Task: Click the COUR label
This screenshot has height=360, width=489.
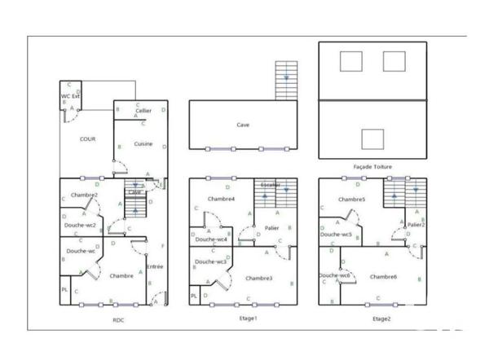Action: pyautogui.click(x=87, y=139)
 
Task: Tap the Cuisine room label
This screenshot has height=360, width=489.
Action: pyautogui.click(x=143, y=144)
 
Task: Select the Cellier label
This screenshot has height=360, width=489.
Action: pyautogui.click(x=143, y=111)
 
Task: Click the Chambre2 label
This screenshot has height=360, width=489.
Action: pyautogui.click(x=84, y=195)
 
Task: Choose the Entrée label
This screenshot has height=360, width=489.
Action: pyautogui.click(x=155, y=266)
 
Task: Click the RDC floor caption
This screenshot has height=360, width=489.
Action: pyautogui.click(x=119, y=320)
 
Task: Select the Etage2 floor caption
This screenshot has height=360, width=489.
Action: pyautogui.click(x=381, y=318)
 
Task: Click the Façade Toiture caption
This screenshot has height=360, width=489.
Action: pyautogui.click(x=372, y=167)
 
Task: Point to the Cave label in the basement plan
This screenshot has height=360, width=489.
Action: pyautogui.click(x=243, y=125)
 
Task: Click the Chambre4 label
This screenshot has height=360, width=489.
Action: pyautogui.click(x=221, y=200)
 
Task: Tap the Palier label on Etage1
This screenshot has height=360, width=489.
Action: pyautogui.click(x=272, y=228)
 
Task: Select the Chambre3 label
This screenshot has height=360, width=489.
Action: pyautogui.click(x=258, y=279)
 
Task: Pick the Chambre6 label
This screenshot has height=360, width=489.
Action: pyautogui.click(x=383, y=277)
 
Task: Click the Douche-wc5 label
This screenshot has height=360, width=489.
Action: pyautogui.click(x=336, y=235)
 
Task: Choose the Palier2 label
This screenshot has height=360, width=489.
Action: pyautogui.click(x=416, y=225)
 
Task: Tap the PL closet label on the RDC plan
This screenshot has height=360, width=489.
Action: pyautogui.click(x=64, y=290)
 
